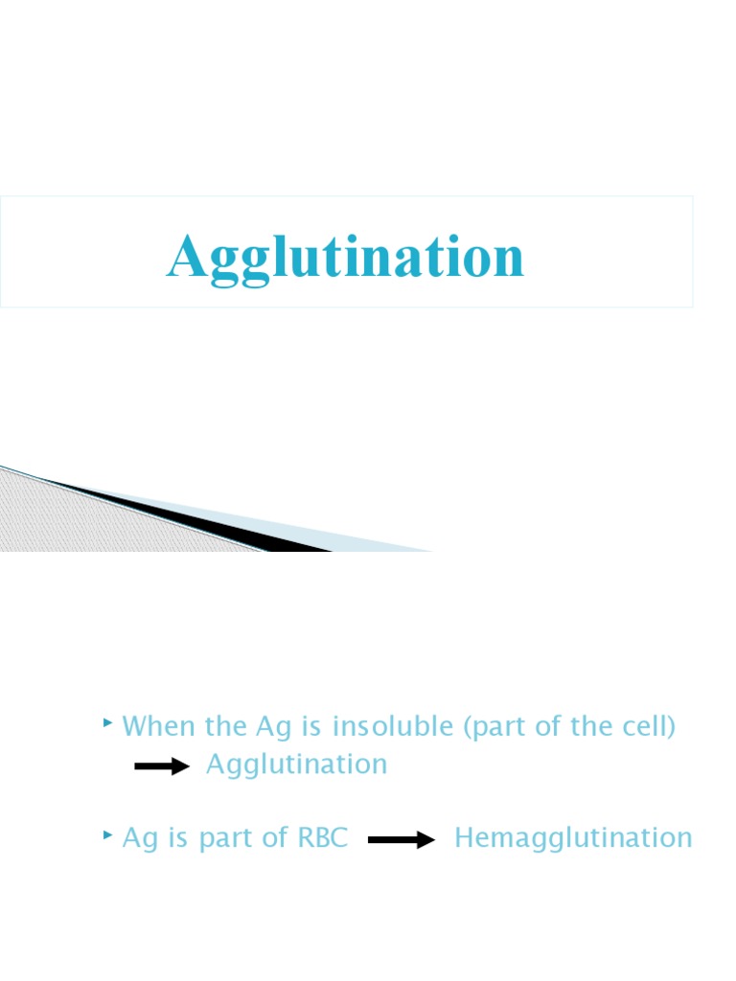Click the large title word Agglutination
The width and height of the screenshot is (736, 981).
(x=346, y=256)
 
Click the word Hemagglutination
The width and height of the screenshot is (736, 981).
(x=573, y=838)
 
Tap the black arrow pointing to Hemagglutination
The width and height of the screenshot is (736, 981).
(x=402, y=840)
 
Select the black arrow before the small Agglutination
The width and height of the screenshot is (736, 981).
(x=163, y=766)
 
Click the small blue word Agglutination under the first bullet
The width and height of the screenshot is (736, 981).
(x=297, y=764)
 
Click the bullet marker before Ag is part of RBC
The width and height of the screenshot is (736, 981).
(x=107, y=836)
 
